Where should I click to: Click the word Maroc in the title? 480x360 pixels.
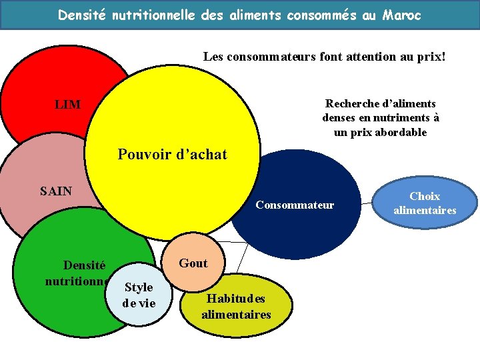(x=401, y=15)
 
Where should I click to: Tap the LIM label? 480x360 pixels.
(x=67, y=105)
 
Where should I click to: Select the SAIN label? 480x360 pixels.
(x=56, y=192)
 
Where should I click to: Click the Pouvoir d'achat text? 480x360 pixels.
(x=172, y=155)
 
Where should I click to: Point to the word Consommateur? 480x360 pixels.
(x=295, y=205)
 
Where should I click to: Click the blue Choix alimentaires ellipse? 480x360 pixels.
(x=425, y=203)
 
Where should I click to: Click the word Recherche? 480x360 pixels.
(x=352, y=103)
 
